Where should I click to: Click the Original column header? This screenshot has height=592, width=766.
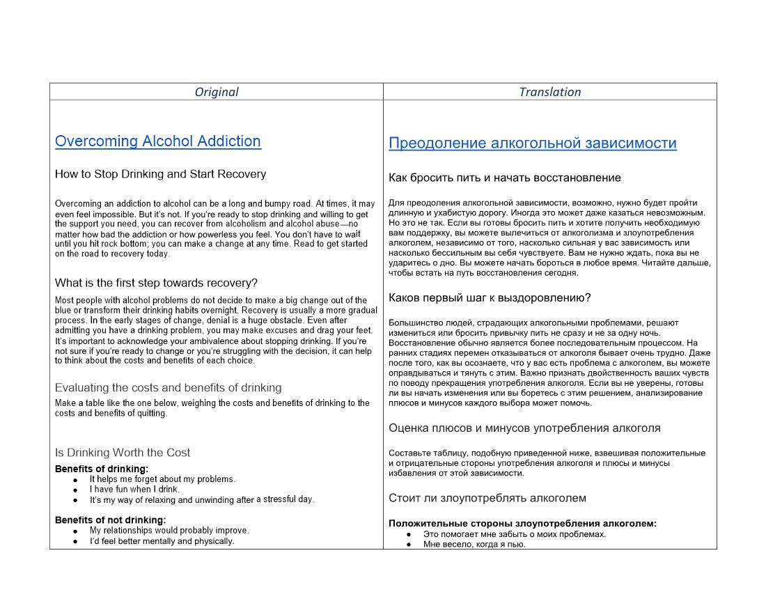click(x=216, y=92)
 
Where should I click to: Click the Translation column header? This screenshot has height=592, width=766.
click(x=549, y=92)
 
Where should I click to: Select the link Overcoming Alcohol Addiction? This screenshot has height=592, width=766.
click(x=158, y=141)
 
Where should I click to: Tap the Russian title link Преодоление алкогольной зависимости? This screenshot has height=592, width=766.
click(x=532, y=143)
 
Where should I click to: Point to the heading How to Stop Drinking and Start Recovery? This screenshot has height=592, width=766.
click(x=160, y=174)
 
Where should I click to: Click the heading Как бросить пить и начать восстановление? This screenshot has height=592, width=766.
click(x=504, y=178)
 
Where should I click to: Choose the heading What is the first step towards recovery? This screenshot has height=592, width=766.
click(x=156, y=283)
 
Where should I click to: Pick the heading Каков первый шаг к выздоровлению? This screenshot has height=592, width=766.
click(x=490, y=298)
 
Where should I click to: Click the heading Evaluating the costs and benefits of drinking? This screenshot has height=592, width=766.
click(x=168, y=388)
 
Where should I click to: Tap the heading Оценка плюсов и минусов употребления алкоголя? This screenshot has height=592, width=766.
click(x=524, y=428)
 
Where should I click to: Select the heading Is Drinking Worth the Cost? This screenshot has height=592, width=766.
click(x=123, y=453)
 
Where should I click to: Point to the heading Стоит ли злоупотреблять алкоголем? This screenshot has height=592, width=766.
click(x=487, y=498)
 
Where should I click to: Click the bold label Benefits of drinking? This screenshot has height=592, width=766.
click(x=102, y=469)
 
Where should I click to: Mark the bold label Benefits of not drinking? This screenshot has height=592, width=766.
click(x=110, y=520)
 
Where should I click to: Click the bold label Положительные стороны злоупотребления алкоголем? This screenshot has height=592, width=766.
click(x=522, y=524)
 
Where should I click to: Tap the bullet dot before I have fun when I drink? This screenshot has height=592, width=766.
click(x=75, y=490)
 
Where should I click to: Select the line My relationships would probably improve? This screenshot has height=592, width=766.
click(x=169, y=531)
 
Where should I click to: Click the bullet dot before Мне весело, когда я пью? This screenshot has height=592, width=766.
click(x=409, y=545)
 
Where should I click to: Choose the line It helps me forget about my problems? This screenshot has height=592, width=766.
click(x=162, y=479)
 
